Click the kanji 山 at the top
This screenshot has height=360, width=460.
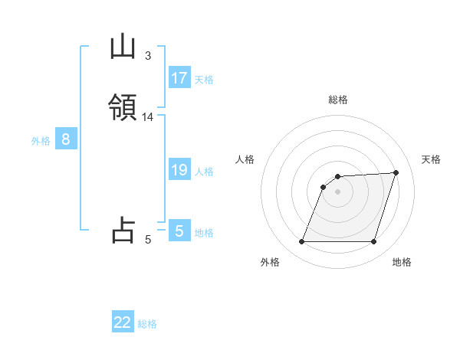point(123,48)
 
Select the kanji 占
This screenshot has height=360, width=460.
point(123,230)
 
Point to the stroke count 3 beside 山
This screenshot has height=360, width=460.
point(147,55)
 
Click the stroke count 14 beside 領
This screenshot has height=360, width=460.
point(147,117)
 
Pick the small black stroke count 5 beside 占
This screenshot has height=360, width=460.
point(147,239)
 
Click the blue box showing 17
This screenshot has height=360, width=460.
point(179,78)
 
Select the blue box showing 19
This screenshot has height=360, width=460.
point(179,170)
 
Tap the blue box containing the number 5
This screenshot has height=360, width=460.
point(179,231)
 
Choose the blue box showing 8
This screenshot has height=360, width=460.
point(66,139)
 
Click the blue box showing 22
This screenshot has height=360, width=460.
point(123,322)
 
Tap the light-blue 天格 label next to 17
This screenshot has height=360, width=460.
point(204,80)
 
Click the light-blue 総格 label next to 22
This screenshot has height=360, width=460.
point(147,324)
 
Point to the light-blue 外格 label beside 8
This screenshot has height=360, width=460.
point(41,141)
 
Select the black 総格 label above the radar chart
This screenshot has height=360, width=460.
point(338,100)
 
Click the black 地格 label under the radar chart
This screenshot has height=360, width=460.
point(402,262)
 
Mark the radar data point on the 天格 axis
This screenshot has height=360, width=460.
point(396,172)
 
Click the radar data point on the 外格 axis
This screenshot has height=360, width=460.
point(301,242)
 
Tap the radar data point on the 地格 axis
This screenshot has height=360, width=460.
point(374,242)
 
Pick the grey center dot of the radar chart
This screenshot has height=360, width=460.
point(338,191)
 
